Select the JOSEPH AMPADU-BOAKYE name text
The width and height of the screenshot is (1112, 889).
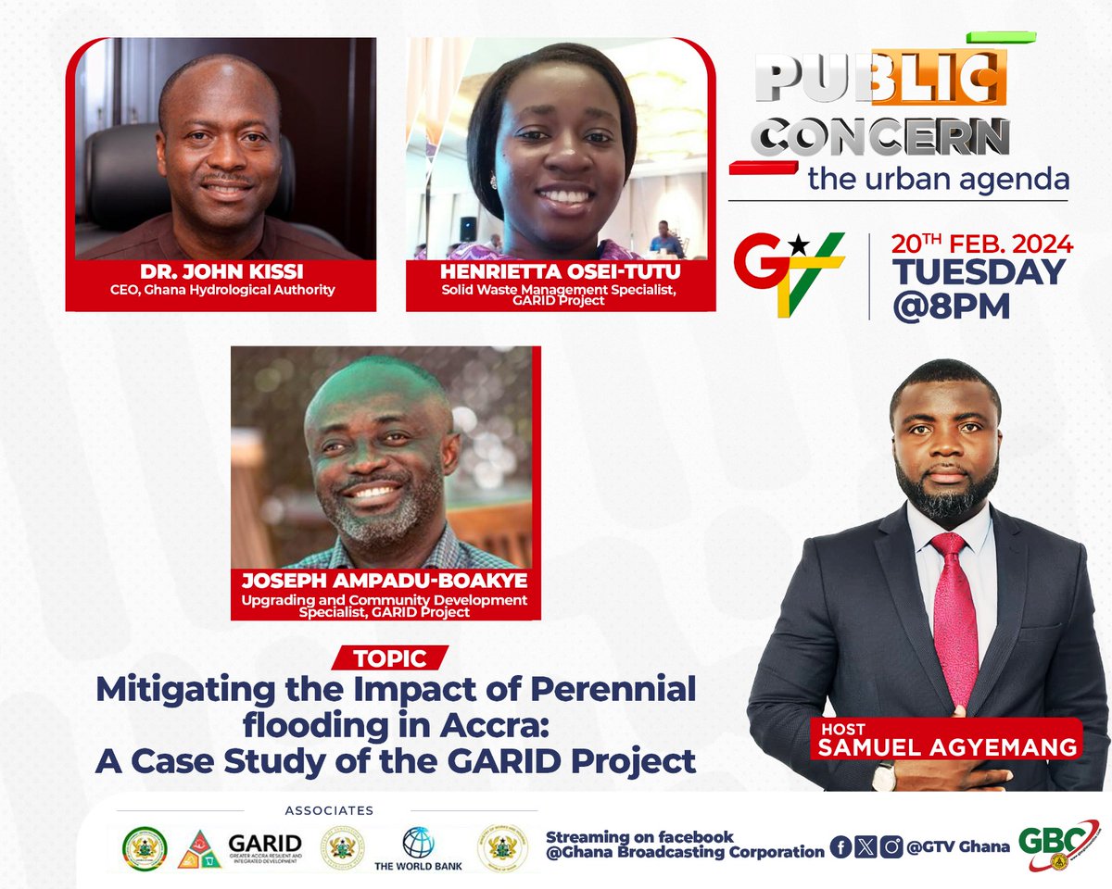tap(385, 582)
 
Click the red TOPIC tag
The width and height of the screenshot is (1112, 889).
tap(390, 658)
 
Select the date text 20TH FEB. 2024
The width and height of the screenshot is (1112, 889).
tap(981, 244)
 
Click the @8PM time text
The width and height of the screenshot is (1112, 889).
tap(951, 307)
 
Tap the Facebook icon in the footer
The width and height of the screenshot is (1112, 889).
tap(841, 846)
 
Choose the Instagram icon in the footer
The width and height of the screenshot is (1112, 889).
tap(891, 846)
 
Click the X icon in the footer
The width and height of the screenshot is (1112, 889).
tap(866, 846)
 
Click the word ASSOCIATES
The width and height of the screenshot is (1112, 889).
tap(329, 810)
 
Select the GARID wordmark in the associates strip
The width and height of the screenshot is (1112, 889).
tap(264, 844)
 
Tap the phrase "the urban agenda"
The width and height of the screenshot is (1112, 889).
tap(938, 179)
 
